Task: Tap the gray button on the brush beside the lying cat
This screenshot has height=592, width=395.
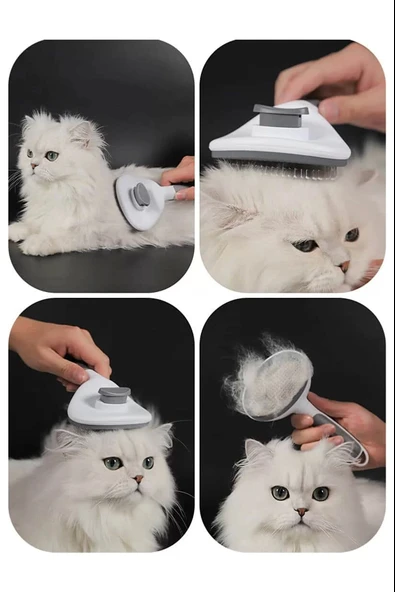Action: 142,194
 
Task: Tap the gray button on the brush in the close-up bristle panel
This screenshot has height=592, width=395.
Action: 281,117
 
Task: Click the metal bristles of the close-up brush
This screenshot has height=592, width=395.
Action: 290,169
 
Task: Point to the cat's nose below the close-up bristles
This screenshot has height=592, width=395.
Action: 343,266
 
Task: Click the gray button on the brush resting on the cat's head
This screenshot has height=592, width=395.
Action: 113,395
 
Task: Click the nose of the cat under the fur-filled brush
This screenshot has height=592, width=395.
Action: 301,511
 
